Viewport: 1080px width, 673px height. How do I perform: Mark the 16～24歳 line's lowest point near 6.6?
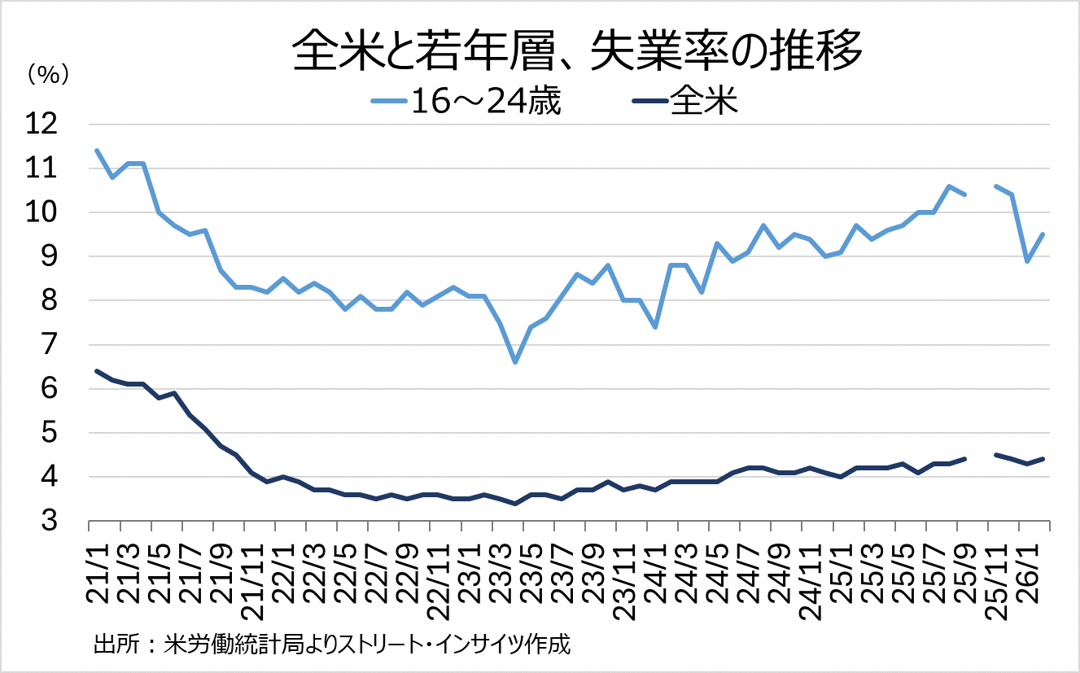(515, 362)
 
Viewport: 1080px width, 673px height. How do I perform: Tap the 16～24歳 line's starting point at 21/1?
(97, 151)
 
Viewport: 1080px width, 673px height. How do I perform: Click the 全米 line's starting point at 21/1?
(97, 371)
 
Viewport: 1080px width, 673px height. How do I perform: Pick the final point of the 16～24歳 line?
(1043, 234)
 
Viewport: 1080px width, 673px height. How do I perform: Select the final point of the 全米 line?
(1043, 459)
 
